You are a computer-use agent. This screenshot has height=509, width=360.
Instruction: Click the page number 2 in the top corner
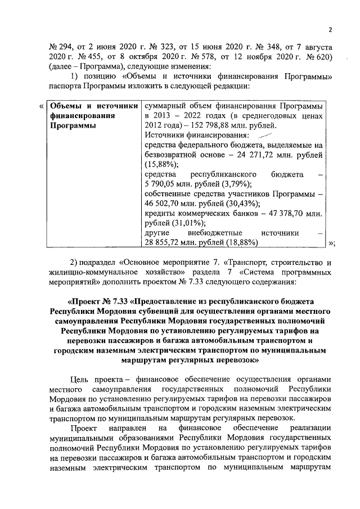331,30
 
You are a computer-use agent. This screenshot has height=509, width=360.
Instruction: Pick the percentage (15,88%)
161,164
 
